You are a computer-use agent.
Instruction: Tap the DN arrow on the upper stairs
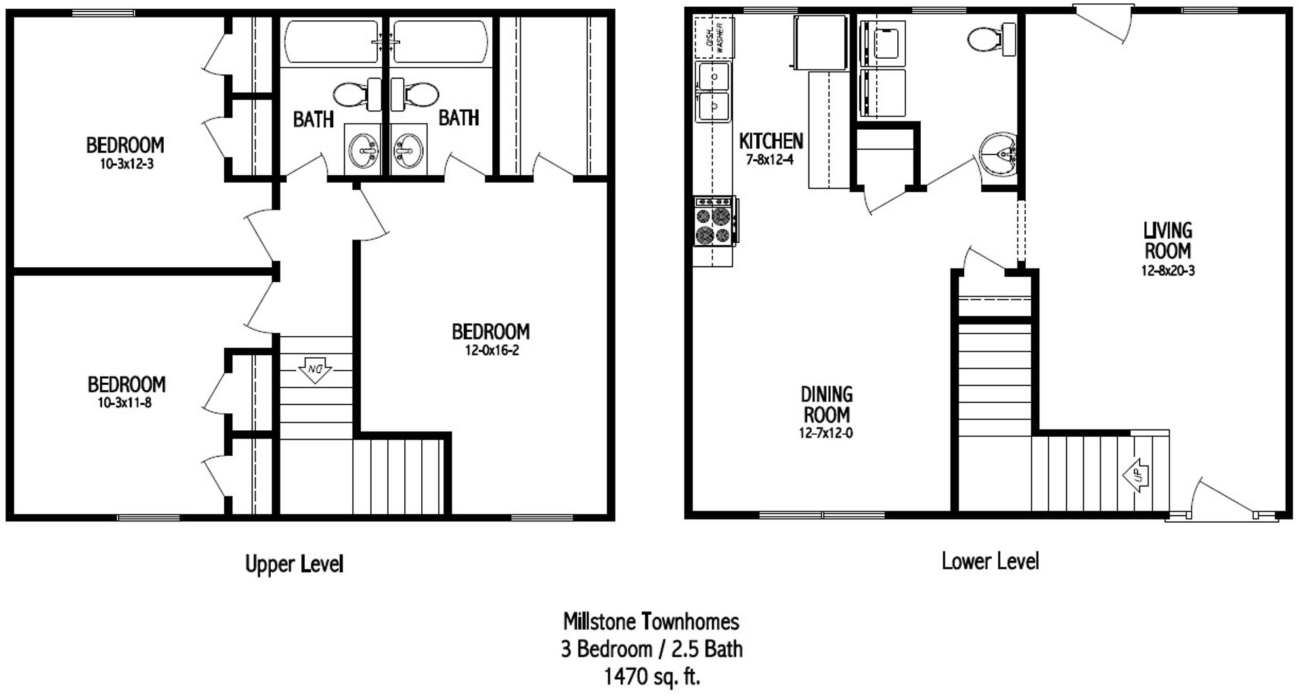pyautogui.click(x=315, y=371)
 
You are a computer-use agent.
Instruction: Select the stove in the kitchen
pyautogui.click(x=714, y=221)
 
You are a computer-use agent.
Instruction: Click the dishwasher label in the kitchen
pyautogui.click(x=713, y=37)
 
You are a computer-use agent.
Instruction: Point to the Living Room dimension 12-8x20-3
pyautogui.click(x=1167, y=271)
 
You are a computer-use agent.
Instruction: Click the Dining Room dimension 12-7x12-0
pyautogui.click(x=825, y=433)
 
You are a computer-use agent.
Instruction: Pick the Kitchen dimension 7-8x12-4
pyautogui.click(x=771, y=160)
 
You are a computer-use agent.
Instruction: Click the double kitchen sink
pyautogui.click(x=712, y=91)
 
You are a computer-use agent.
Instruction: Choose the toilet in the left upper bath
pyautogui.click(x=356, y=95)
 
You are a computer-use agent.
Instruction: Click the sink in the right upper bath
pyautogui.click(x=409, y=145)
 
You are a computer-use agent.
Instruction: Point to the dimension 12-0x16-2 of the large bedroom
pyautogui.click(x=490, y=350)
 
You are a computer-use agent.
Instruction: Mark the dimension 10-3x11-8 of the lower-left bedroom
pyautogui.click(x=127, y=403)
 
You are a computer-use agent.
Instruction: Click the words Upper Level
pyautogui.click(x=294, y=563)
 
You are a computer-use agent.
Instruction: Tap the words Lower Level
pyautogui.click(x=990, y=561)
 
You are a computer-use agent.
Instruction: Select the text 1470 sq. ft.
pyautogui.click(x=651, y=675)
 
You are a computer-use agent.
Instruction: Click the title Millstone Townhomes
pyautogui.click(x=651, y=621)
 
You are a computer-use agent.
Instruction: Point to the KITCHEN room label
pyautogui.click(x=771, y=141)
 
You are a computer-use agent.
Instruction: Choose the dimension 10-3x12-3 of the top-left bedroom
pyautogui.click(x=125, y=164)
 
